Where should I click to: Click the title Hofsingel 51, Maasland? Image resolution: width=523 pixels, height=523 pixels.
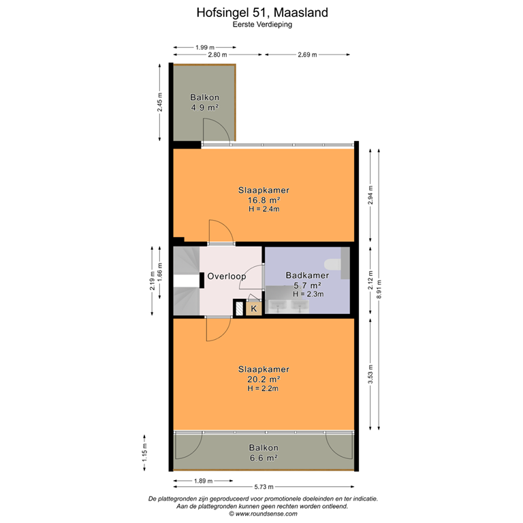pos(261,12)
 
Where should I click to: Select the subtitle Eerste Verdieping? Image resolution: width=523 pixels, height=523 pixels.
pos(261,24)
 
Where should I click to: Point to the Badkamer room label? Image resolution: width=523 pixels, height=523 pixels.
pos(308,276)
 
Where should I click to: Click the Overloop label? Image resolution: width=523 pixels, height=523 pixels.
pos(227,276)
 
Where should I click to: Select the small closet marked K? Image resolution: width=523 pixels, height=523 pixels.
pos(253,309)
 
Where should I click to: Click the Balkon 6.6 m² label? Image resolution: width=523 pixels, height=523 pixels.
pos(263,453)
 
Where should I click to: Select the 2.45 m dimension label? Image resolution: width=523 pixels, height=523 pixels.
pos(160,102)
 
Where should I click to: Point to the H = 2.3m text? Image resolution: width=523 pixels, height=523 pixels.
pos(308,294)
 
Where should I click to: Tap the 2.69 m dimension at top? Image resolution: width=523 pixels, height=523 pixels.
pos(308,54)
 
